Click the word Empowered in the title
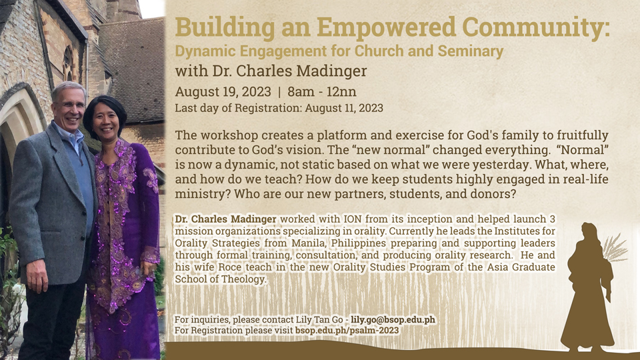[386, 28]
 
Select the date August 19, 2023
[223, 92]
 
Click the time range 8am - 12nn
[321, 92]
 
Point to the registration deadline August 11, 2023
[344, 108]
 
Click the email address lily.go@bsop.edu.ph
[393, 319]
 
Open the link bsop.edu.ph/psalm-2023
[347, 330]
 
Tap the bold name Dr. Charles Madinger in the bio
[226, 219]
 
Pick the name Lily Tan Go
[319, 319]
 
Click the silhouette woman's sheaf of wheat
[614, 248]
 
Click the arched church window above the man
[68, 64]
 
